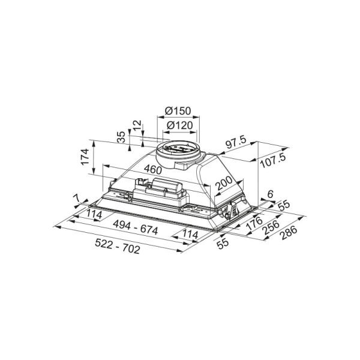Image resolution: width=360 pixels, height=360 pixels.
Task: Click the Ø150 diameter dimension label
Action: [x=178, y=111]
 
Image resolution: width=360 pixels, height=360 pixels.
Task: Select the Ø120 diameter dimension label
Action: [x=179, y=125]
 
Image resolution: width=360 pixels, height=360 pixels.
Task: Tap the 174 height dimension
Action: [x=85, y=157]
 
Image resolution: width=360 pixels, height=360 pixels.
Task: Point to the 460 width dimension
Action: [x=153, y=170]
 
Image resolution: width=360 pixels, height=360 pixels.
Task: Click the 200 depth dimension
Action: [x=224, y=183]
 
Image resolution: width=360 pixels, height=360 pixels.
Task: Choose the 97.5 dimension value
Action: [x=236, y=142]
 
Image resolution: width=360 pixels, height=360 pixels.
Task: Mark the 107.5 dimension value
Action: [x=273, y=160]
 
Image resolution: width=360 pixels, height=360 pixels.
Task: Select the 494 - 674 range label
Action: [x=136, y=227]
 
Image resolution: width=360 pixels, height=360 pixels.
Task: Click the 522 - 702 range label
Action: [x=118, y=246]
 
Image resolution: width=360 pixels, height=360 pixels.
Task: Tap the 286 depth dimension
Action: [x=289, y=233]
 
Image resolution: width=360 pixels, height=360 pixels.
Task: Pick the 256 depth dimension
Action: [x=272, y=227]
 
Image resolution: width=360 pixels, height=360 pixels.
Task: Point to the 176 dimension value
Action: [x=254, y=223]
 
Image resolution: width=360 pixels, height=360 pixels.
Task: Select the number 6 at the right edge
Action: [x=270, y=194]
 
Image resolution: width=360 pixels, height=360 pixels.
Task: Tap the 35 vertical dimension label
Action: [x=121, y=137]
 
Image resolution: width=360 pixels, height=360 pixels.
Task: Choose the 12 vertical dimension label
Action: [x=137, y=125]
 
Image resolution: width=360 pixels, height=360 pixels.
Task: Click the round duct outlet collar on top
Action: [x=178, y=154]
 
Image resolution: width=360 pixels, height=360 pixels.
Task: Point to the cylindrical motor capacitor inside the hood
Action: [x=167, y=185]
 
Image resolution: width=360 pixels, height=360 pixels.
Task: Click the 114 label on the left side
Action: [x=94, y=214]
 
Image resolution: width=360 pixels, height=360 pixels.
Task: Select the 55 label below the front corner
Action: [x=223, y=243]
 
